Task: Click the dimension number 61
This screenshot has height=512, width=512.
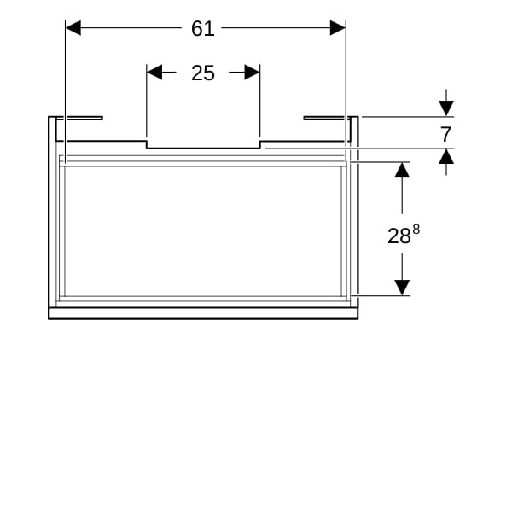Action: click(x=203, y=28)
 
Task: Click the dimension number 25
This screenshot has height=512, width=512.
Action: click(x=203, y=73)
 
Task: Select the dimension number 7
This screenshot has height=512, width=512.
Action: click(x=445, y=134)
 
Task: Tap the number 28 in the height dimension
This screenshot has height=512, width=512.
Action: click(x=399, y=236)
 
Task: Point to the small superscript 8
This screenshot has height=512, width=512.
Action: click(x=416, y=230)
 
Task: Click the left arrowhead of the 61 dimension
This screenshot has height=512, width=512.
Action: click(x=73, y=28)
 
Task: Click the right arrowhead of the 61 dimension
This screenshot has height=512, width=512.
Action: click(x=338, y=28)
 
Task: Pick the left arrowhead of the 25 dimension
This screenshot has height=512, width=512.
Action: click(x=154, y=73)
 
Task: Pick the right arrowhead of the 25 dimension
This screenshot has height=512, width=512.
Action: click(x=253, y=73)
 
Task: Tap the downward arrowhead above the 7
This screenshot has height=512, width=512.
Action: click(x=446, y=108)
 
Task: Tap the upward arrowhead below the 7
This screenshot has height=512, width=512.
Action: click(x=446, y=156)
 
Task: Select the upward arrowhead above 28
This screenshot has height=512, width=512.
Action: click(x=402, y=170)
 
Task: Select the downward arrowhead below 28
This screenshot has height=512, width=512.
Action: click(x=402, y=288)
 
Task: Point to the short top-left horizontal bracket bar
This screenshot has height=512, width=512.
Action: click(x=79, y=119)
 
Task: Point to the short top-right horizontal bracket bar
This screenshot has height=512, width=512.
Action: click(x=327, y=119)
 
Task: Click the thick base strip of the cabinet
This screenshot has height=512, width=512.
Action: click(x=203, y=313)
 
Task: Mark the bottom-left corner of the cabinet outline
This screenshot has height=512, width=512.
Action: click(x=49, y=319)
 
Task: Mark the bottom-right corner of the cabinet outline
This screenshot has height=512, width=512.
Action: click(x=358, y=319)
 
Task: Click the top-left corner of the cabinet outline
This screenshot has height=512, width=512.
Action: click(x=49, y=117)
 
